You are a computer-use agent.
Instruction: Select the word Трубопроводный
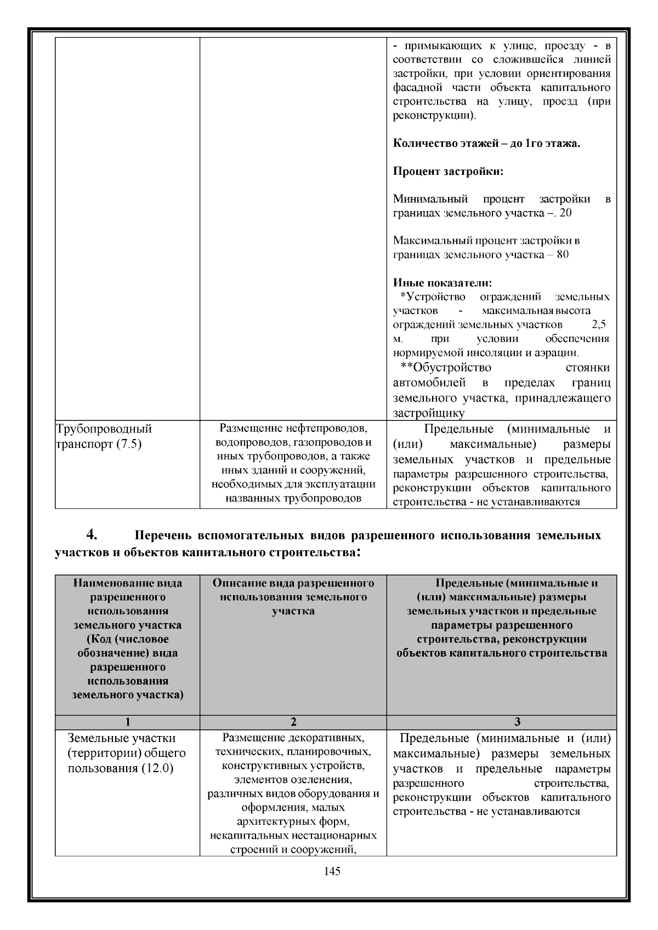point(104,429)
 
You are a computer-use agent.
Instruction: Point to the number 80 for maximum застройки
point(563,255)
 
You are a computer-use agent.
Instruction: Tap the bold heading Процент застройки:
point(448,171)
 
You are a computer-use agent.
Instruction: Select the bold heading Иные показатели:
point(443,283)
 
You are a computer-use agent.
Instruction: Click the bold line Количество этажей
point(486,144)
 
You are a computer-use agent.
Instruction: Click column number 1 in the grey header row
point(127,722)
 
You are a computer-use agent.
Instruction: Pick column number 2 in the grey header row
point(293,722)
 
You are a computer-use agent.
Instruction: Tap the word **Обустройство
point(446,367)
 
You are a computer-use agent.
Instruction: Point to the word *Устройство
point(433,297)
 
